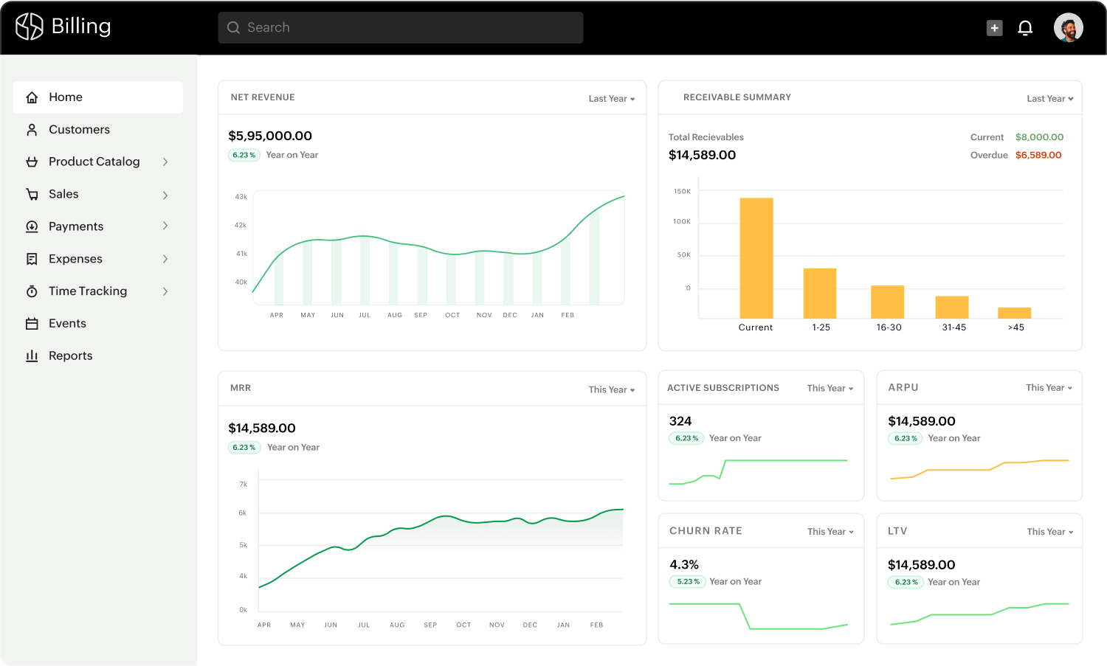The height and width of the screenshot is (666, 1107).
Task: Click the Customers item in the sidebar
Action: (x=78, y=130)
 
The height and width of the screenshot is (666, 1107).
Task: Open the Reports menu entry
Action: (x=70, y=355)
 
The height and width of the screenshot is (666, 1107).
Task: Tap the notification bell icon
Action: (x=1025, y=28)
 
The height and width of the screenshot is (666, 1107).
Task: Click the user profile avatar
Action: (x=1068, y=28)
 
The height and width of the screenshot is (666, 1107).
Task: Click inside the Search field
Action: (x=401, y=28)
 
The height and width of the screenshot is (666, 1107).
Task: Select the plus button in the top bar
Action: (x=995, y=28)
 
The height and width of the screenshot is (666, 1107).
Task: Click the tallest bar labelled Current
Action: (x=756, y=258)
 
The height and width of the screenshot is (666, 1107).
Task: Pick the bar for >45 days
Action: (x=1014, y=313)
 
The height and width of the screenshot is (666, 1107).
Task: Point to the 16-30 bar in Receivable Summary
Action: (x=887, y=302)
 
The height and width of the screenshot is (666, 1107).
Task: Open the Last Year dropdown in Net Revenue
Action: (x=611, y=99)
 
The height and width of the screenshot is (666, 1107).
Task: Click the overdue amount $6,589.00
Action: (x=1038, y=155)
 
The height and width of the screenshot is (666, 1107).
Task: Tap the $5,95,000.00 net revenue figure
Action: (x=270, y=136)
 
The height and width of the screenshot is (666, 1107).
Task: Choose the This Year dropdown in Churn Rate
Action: (x=830, y=532)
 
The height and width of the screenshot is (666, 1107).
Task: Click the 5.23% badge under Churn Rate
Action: (x=688, y=582)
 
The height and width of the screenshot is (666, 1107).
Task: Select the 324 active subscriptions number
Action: (x=680, y=421)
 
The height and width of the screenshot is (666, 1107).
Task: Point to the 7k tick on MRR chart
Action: (x=244, y=485)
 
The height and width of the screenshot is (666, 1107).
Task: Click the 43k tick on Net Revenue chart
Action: (x=241, y=197)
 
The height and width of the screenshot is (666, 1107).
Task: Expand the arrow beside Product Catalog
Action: (x=165, y=162)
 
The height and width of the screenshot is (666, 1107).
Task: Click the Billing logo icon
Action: (x=30, y=27)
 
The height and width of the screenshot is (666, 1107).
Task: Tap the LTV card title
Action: (x=897, y=531)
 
